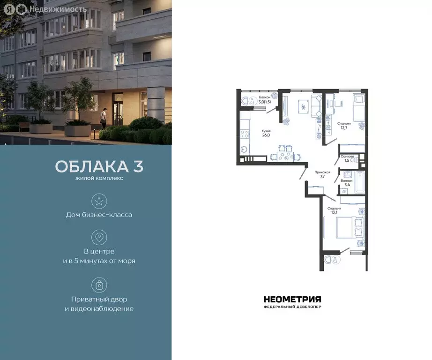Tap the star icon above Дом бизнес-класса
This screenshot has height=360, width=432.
pos(99,202)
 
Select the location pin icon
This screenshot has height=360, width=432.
pos(99,237)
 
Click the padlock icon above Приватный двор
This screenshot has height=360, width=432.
pos(99,285)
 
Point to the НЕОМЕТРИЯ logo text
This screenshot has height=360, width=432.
pos(292,300)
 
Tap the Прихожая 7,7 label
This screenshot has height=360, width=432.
pos(322,174)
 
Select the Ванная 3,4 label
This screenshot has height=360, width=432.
pos(347,182)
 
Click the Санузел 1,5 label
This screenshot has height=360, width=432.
pos(347,158)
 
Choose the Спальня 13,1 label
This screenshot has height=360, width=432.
pos(334,210)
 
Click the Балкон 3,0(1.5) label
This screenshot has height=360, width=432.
pos(257,99)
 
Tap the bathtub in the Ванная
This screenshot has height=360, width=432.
pos(359,182)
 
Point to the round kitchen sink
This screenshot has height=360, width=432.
pos(243,150)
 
